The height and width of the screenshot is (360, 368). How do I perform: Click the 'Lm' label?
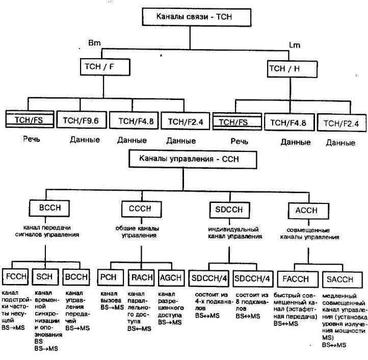click(295, 46)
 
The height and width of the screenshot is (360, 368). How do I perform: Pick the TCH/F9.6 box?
click(80, 121)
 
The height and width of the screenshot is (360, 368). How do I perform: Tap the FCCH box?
click(16, 278)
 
